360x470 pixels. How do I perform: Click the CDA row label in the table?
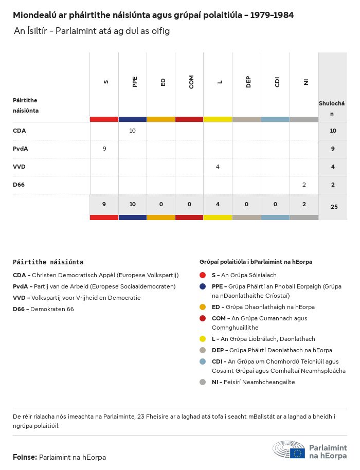coord(19,131)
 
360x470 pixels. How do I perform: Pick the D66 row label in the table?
coord(19,185)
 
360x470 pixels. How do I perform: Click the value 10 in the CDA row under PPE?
coord(132,131)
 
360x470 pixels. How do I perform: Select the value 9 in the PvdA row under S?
coord(104,149)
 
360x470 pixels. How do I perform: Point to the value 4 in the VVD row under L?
coord(218,167)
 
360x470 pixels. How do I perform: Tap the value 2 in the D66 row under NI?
coord(304,185)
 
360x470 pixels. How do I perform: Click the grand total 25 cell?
coord(333,207)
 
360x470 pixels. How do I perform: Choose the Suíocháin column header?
coord(332,108)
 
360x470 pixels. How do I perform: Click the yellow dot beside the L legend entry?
coord(203,339)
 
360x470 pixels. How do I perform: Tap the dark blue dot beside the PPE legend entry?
coord(203,286)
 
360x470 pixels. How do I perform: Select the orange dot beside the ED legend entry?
coord(203,307)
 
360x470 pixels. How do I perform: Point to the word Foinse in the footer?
coord(24,457)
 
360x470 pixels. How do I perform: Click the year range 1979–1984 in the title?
coord(273,15)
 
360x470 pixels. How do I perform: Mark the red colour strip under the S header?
coord(104,119)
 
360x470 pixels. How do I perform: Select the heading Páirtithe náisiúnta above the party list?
coord(48,262)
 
